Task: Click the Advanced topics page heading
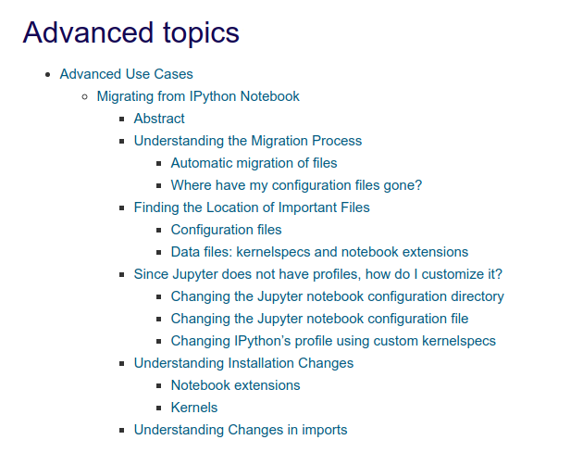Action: tap(130, 32)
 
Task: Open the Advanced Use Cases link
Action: tap(126, 74)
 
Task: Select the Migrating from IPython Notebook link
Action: tap(198, 96)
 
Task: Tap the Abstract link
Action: tap(159, 119)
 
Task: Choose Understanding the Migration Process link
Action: tap(247, 141)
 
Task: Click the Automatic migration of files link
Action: tap(254, 163)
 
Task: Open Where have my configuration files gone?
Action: tap(296, 185)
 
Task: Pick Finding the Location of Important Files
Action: tap(252, 207)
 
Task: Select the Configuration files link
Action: tap(226, 230)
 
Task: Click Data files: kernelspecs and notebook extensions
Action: tap(319, 252)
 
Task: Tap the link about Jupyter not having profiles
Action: tap(317, 274)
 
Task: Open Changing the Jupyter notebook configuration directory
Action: tap(337, 296)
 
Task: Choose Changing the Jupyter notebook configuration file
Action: tap(319, 319)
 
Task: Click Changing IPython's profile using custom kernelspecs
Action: tap(333, 341)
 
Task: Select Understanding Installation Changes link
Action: tap(243, 363)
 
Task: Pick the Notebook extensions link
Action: tap(235, 385)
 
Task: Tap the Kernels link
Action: tap(194, 408)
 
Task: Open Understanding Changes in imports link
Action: tap(241, 430)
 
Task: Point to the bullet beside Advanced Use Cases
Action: tap(47, 74)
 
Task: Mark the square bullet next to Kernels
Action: tap(158, 408)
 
